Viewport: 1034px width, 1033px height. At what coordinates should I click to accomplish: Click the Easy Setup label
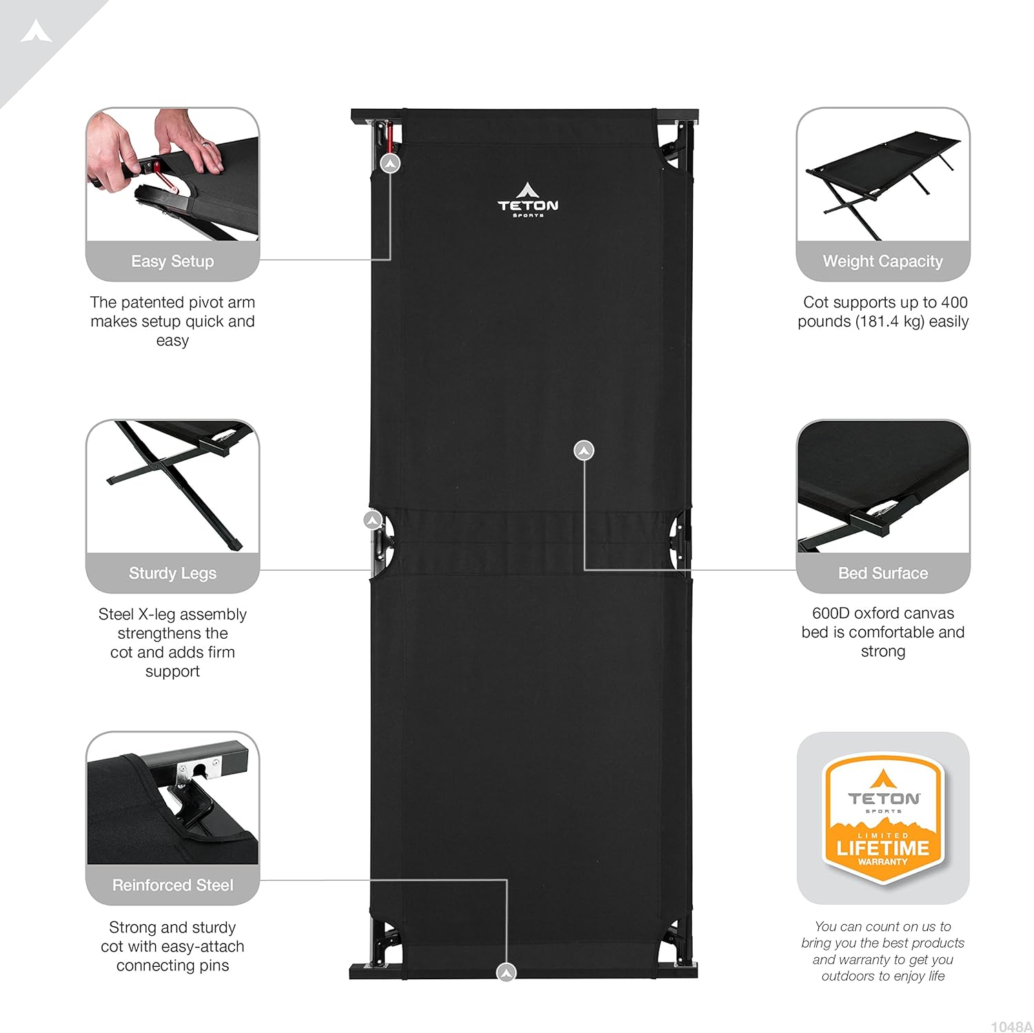click(x=172, y=261)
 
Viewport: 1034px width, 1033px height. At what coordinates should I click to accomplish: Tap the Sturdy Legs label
click(x=172, y=573)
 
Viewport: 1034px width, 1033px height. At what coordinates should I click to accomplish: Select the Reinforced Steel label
click(x=172, y=885)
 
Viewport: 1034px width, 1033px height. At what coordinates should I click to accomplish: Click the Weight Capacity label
click(x=883, y=261)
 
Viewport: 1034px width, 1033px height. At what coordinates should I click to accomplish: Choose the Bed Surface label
click(x=883, y=573)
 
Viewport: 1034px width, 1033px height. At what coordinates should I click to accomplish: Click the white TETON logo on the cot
click(x=528, y=200)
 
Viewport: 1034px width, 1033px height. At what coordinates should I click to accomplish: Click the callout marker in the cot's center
click(x=584, y=451)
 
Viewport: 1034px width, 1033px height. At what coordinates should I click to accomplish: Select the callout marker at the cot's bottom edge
click(x=507, y=972)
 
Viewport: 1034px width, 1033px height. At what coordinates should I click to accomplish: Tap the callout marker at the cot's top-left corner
click(x=391, y=163)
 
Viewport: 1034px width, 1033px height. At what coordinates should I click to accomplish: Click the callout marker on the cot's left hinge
click(x=373, y=520)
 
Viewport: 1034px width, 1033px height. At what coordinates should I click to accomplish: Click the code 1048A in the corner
click(x=1011, y=1026)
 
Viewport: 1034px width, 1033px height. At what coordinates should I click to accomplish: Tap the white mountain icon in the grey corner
click(x=36, y=31)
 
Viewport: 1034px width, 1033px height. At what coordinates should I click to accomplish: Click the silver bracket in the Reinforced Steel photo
click(x=198, y=770)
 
